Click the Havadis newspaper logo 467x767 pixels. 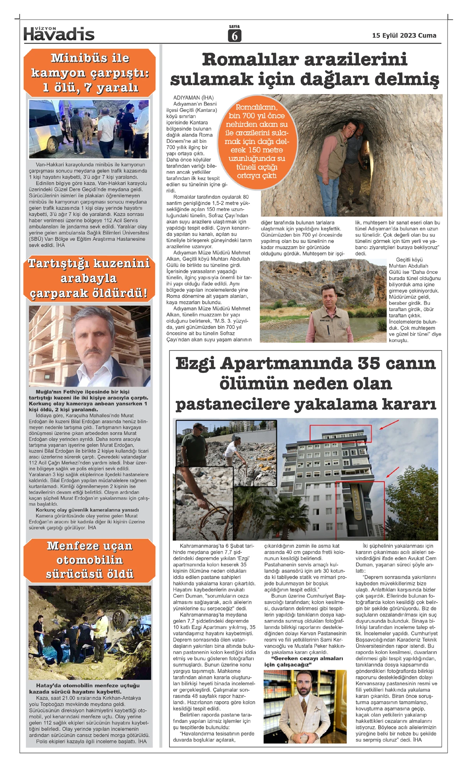tap(59, 34)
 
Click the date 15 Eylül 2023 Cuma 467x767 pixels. tap(404, 35)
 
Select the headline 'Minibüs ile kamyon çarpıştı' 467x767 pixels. tap(90, 73)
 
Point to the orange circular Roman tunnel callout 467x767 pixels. tap(257, 141)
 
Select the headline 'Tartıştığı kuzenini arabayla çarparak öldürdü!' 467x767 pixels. tap(89, 278)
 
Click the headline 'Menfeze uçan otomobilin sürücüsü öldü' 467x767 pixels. tap(90, 560)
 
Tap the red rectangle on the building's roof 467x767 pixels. tap(340, 434)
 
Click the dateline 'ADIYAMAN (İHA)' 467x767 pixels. tap(193, 97)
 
